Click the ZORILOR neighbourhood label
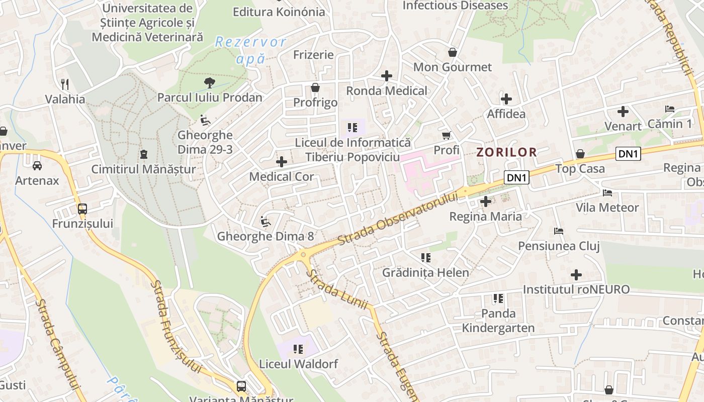pos(506,152)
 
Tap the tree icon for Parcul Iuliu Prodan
pos(209,82)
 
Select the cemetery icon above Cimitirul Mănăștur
pos(144,154)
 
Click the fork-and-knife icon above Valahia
pos(65,84)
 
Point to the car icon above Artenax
pos(37,165)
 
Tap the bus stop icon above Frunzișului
pos(82,209)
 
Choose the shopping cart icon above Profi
pos(446,135)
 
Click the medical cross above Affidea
pos(506,99)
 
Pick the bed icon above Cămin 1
pos(669,109)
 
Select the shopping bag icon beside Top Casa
pos(580,153)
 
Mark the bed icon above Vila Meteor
pos(607,192)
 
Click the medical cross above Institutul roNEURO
pos(576,274)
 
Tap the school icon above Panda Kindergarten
pos(498,298)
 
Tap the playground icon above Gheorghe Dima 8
pos(266,221)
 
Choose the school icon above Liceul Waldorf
pos(298,349)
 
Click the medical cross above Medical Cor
pos(282,161)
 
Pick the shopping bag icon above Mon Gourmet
pos(453,52)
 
